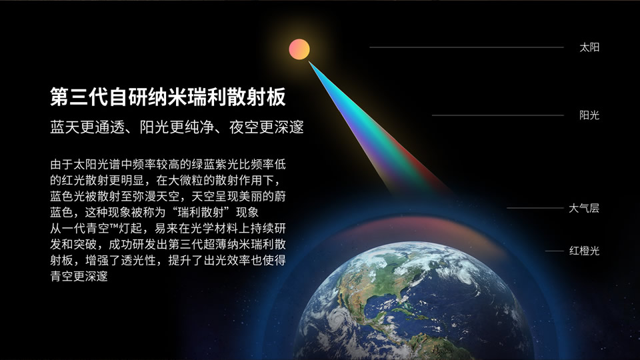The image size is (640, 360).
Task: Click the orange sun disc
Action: [299, 49]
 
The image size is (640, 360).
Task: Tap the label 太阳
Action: [589, 47]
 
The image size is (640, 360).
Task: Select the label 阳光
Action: [589, 115]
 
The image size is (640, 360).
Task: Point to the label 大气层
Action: [584, 208]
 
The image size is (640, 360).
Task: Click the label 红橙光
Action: [585, 251]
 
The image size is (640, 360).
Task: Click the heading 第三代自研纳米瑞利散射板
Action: [168, 97]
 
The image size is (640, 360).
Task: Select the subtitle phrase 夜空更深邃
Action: [267, 127]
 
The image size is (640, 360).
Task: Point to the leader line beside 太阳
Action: [467, 47]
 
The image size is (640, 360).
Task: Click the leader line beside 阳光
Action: [498, 115]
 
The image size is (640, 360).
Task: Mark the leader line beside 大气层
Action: [535, 208]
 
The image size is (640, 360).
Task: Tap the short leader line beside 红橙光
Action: [554, 251]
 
